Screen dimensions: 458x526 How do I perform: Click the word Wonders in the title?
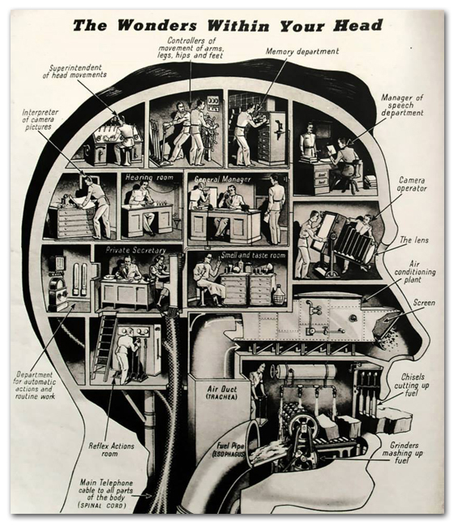click(x=158, y=25)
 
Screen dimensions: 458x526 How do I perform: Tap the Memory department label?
click(x=302, y=51)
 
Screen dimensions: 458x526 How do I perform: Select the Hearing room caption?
click(x=149, y=178)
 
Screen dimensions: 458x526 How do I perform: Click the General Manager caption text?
click(x=223, y=179)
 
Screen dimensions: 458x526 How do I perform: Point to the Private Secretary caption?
click(x=135, y=250)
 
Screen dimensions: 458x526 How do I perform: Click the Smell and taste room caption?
click(x=253, y=255)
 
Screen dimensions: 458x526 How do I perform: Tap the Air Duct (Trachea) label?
click(x=222, y=392)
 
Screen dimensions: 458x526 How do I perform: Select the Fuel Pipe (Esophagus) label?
click(x=230, y=450)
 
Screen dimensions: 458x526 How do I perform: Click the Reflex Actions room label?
click(x=111, y=450)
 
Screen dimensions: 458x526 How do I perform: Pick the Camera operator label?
click(x=412, y=184)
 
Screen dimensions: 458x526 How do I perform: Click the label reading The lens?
click(x=414, y=239)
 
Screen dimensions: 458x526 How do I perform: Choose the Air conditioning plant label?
click(x=415, y=272)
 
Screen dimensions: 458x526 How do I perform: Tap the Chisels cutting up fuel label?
click(x=412, y=385)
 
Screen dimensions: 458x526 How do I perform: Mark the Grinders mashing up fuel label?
click(x=402, y=453)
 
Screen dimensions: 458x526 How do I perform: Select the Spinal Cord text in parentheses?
click(x=102, y=505)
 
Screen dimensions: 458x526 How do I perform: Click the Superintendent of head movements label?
click(x=75, y=71)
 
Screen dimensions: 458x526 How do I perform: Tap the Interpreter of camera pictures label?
click(x=40, y=119)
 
